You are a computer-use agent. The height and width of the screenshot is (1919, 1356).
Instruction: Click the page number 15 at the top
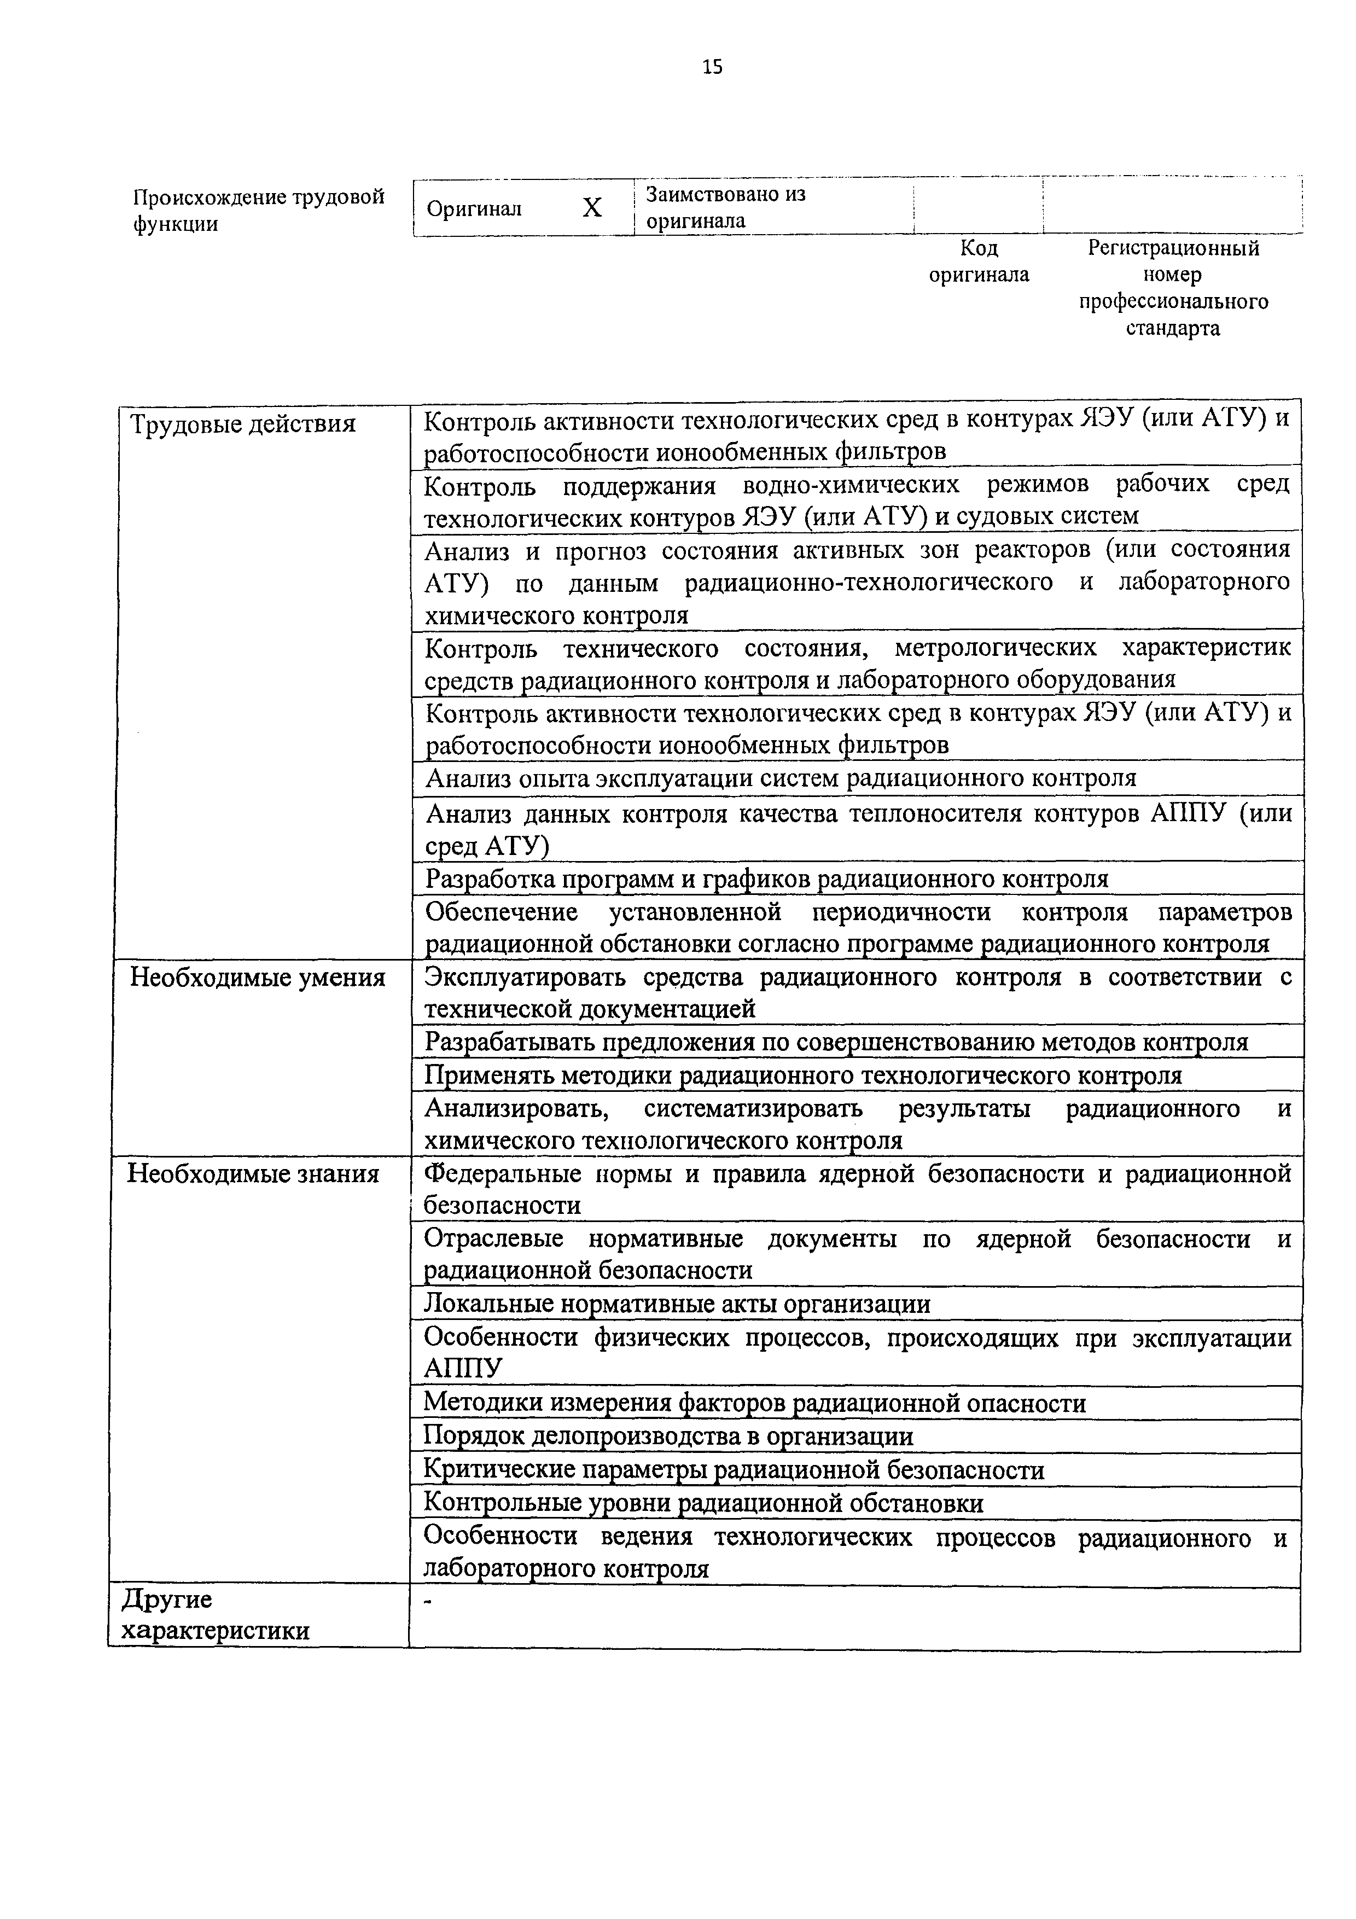pos(713,67)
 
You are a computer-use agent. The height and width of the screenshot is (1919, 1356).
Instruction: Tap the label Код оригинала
pos(979,261)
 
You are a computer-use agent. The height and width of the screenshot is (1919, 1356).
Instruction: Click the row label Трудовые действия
pos(244,424)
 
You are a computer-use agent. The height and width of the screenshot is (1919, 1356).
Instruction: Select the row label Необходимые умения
pos(258,978)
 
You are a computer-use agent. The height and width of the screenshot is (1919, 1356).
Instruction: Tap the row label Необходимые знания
pos(253,1174)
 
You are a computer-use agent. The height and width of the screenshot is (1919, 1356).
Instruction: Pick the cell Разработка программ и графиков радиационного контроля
pos(767,879)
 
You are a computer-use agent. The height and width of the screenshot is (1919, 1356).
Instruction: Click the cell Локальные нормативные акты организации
pos(677,1304)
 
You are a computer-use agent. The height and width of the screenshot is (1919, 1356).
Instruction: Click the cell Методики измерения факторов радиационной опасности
pos(754,1403)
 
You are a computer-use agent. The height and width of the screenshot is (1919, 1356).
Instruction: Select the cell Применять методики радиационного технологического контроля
pos(803,1075)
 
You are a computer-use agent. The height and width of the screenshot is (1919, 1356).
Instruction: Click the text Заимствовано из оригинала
pos(725,207)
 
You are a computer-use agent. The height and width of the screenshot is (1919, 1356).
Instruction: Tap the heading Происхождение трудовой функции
pos(259,210)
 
